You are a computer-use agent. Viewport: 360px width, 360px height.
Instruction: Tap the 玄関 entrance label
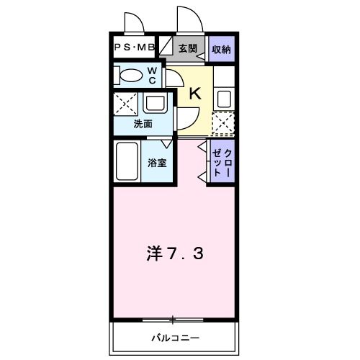point(187,49)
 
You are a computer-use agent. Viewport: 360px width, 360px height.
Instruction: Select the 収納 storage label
point(222,49)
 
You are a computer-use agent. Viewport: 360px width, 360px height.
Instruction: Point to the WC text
point(153,74)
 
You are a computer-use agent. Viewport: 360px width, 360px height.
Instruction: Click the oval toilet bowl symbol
point(130,75)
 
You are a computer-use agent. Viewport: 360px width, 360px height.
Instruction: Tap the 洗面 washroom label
point(143,123)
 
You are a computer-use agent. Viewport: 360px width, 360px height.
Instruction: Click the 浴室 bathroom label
point(157,163)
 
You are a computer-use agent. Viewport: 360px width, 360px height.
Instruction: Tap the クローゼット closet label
point(222,163)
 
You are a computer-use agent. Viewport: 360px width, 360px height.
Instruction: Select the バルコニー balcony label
point(174,338)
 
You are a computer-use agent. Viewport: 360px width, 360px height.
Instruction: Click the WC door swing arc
point(175,76)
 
